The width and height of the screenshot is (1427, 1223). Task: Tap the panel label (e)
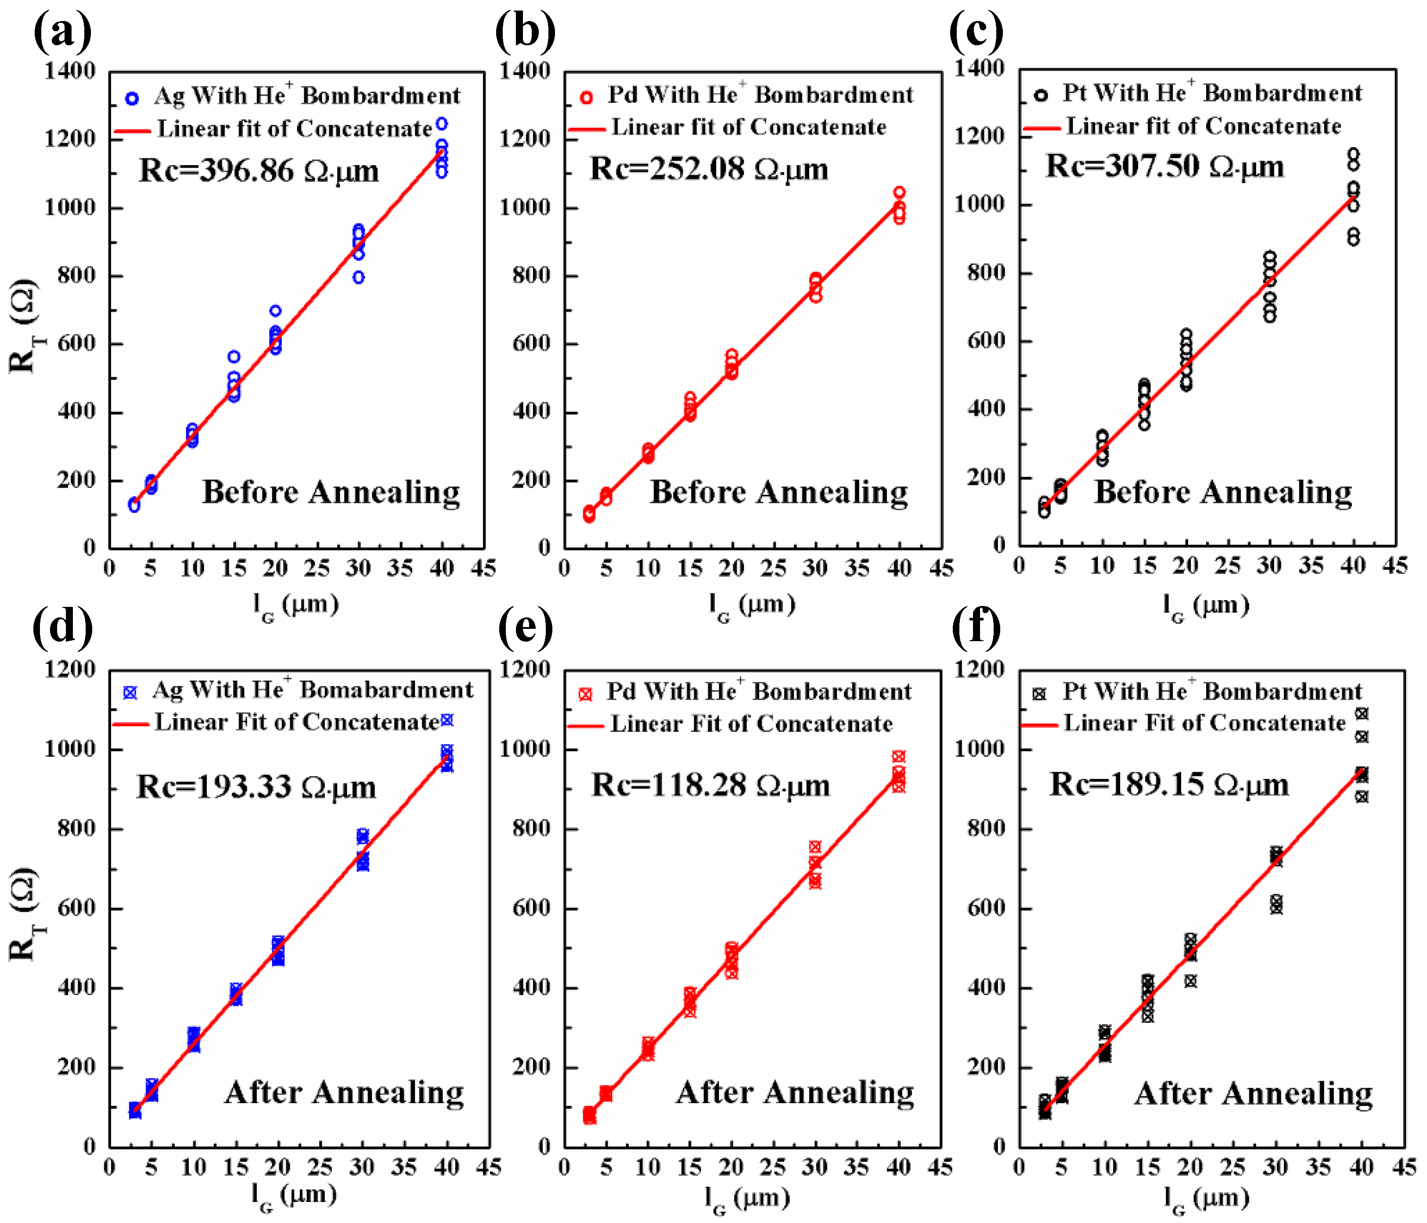click(x=525, y=628)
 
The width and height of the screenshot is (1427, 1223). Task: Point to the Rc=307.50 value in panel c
click(x=1164, y=166)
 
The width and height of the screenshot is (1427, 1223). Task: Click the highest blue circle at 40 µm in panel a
click(x=441, y=124)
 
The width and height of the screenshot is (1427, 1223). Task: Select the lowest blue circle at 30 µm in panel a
click(x=358, y=278)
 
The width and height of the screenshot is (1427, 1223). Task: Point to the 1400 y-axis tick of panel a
click(x=69, y=71)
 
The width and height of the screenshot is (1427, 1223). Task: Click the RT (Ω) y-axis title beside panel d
click(x=24, y=914)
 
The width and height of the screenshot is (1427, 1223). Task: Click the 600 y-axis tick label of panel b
click(x=530, y=343)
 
